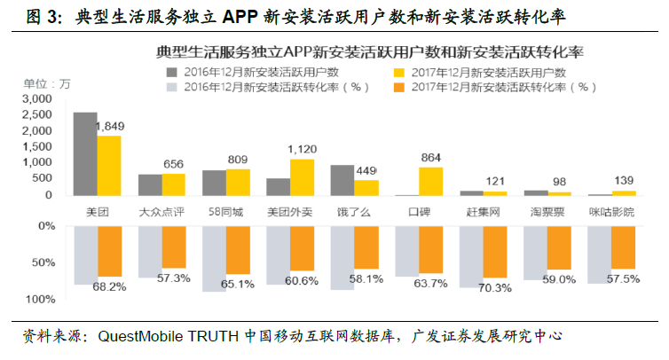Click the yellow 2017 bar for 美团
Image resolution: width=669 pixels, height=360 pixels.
pos(109,165)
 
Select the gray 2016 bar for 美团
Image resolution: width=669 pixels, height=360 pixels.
pos(85,153)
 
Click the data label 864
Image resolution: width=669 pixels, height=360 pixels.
pos(431,157)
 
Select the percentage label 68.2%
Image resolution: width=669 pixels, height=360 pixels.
pos(109,286)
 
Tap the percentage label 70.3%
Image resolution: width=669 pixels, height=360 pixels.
pos(494,287)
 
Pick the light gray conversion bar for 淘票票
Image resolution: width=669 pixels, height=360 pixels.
pos(535,254)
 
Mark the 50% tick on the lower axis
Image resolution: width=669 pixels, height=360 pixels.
pos(43,263)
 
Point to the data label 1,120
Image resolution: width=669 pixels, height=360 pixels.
pos(303,149)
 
